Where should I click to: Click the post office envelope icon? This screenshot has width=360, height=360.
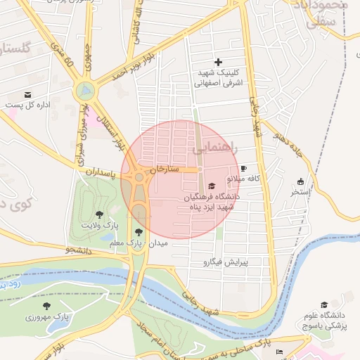point(27,94)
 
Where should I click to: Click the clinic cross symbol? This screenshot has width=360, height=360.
point(218,63)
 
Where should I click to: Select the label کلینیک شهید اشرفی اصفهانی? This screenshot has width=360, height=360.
point(217,78)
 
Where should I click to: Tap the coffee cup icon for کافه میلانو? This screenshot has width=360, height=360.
point(243,169)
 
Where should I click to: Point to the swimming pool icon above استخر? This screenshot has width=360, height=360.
point(301,181)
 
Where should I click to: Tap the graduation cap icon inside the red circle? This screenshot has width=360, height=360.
point(212,186)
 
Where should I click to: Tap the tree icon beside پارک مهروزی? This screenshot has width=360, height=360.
point(46,306)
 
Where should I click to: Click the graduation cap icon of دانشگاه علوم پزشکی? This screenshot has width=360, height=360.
point(324,305)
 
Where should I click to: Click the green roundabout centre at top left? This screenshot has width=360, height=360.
point(84,91)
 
